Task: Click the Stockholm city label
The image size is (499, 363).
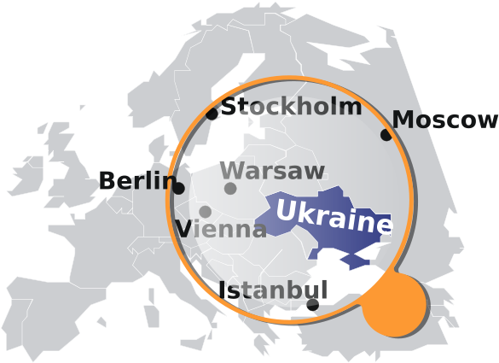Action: tap(291, 107)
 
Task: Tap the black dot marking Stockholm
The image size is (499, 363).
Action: tap(212, 114)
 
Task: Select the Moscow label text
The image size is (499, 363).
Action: tap(444, 120)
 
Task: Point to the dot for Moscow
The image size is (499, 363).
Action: tap(386, 135)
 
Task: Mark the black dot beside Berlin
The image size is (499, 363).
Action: tap(179, 188)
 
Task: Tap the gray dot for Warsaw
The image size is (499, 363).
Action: tap(230, 189)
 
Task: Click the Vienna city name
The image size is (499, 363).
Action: tap(221, 229)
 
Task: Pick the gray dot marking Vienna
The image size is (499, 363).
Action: tap(206, 212)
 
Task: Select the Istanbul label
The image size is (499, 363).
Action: tap(273, 290)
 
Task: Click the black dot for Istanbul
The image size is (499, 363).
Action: tap(312, 303)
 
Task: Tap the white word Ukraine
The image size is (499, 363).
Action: tap(334, 218)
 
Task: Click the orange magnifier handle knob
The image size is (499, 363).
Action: tap(394, 303)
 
